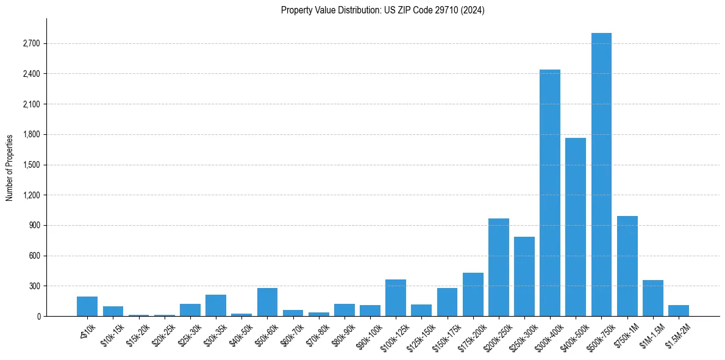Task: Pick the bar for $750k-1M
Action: (x=627, y=267)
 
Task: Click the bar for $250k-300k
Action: (x=524, y=277)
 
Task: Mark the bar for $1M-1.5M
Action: (x=653, y=298)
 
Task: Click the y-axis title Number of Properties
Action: (x=9, y=168)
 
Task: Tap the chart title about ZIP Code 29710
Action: (x=382, y=10)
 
